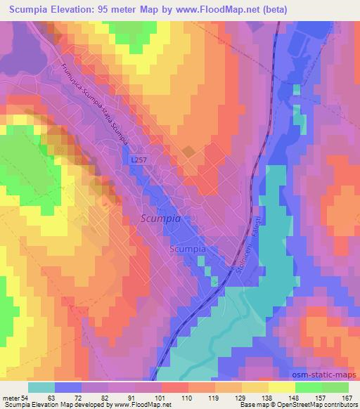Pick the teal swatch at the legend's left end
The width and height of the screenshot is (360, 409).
[x=41, y=387]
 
